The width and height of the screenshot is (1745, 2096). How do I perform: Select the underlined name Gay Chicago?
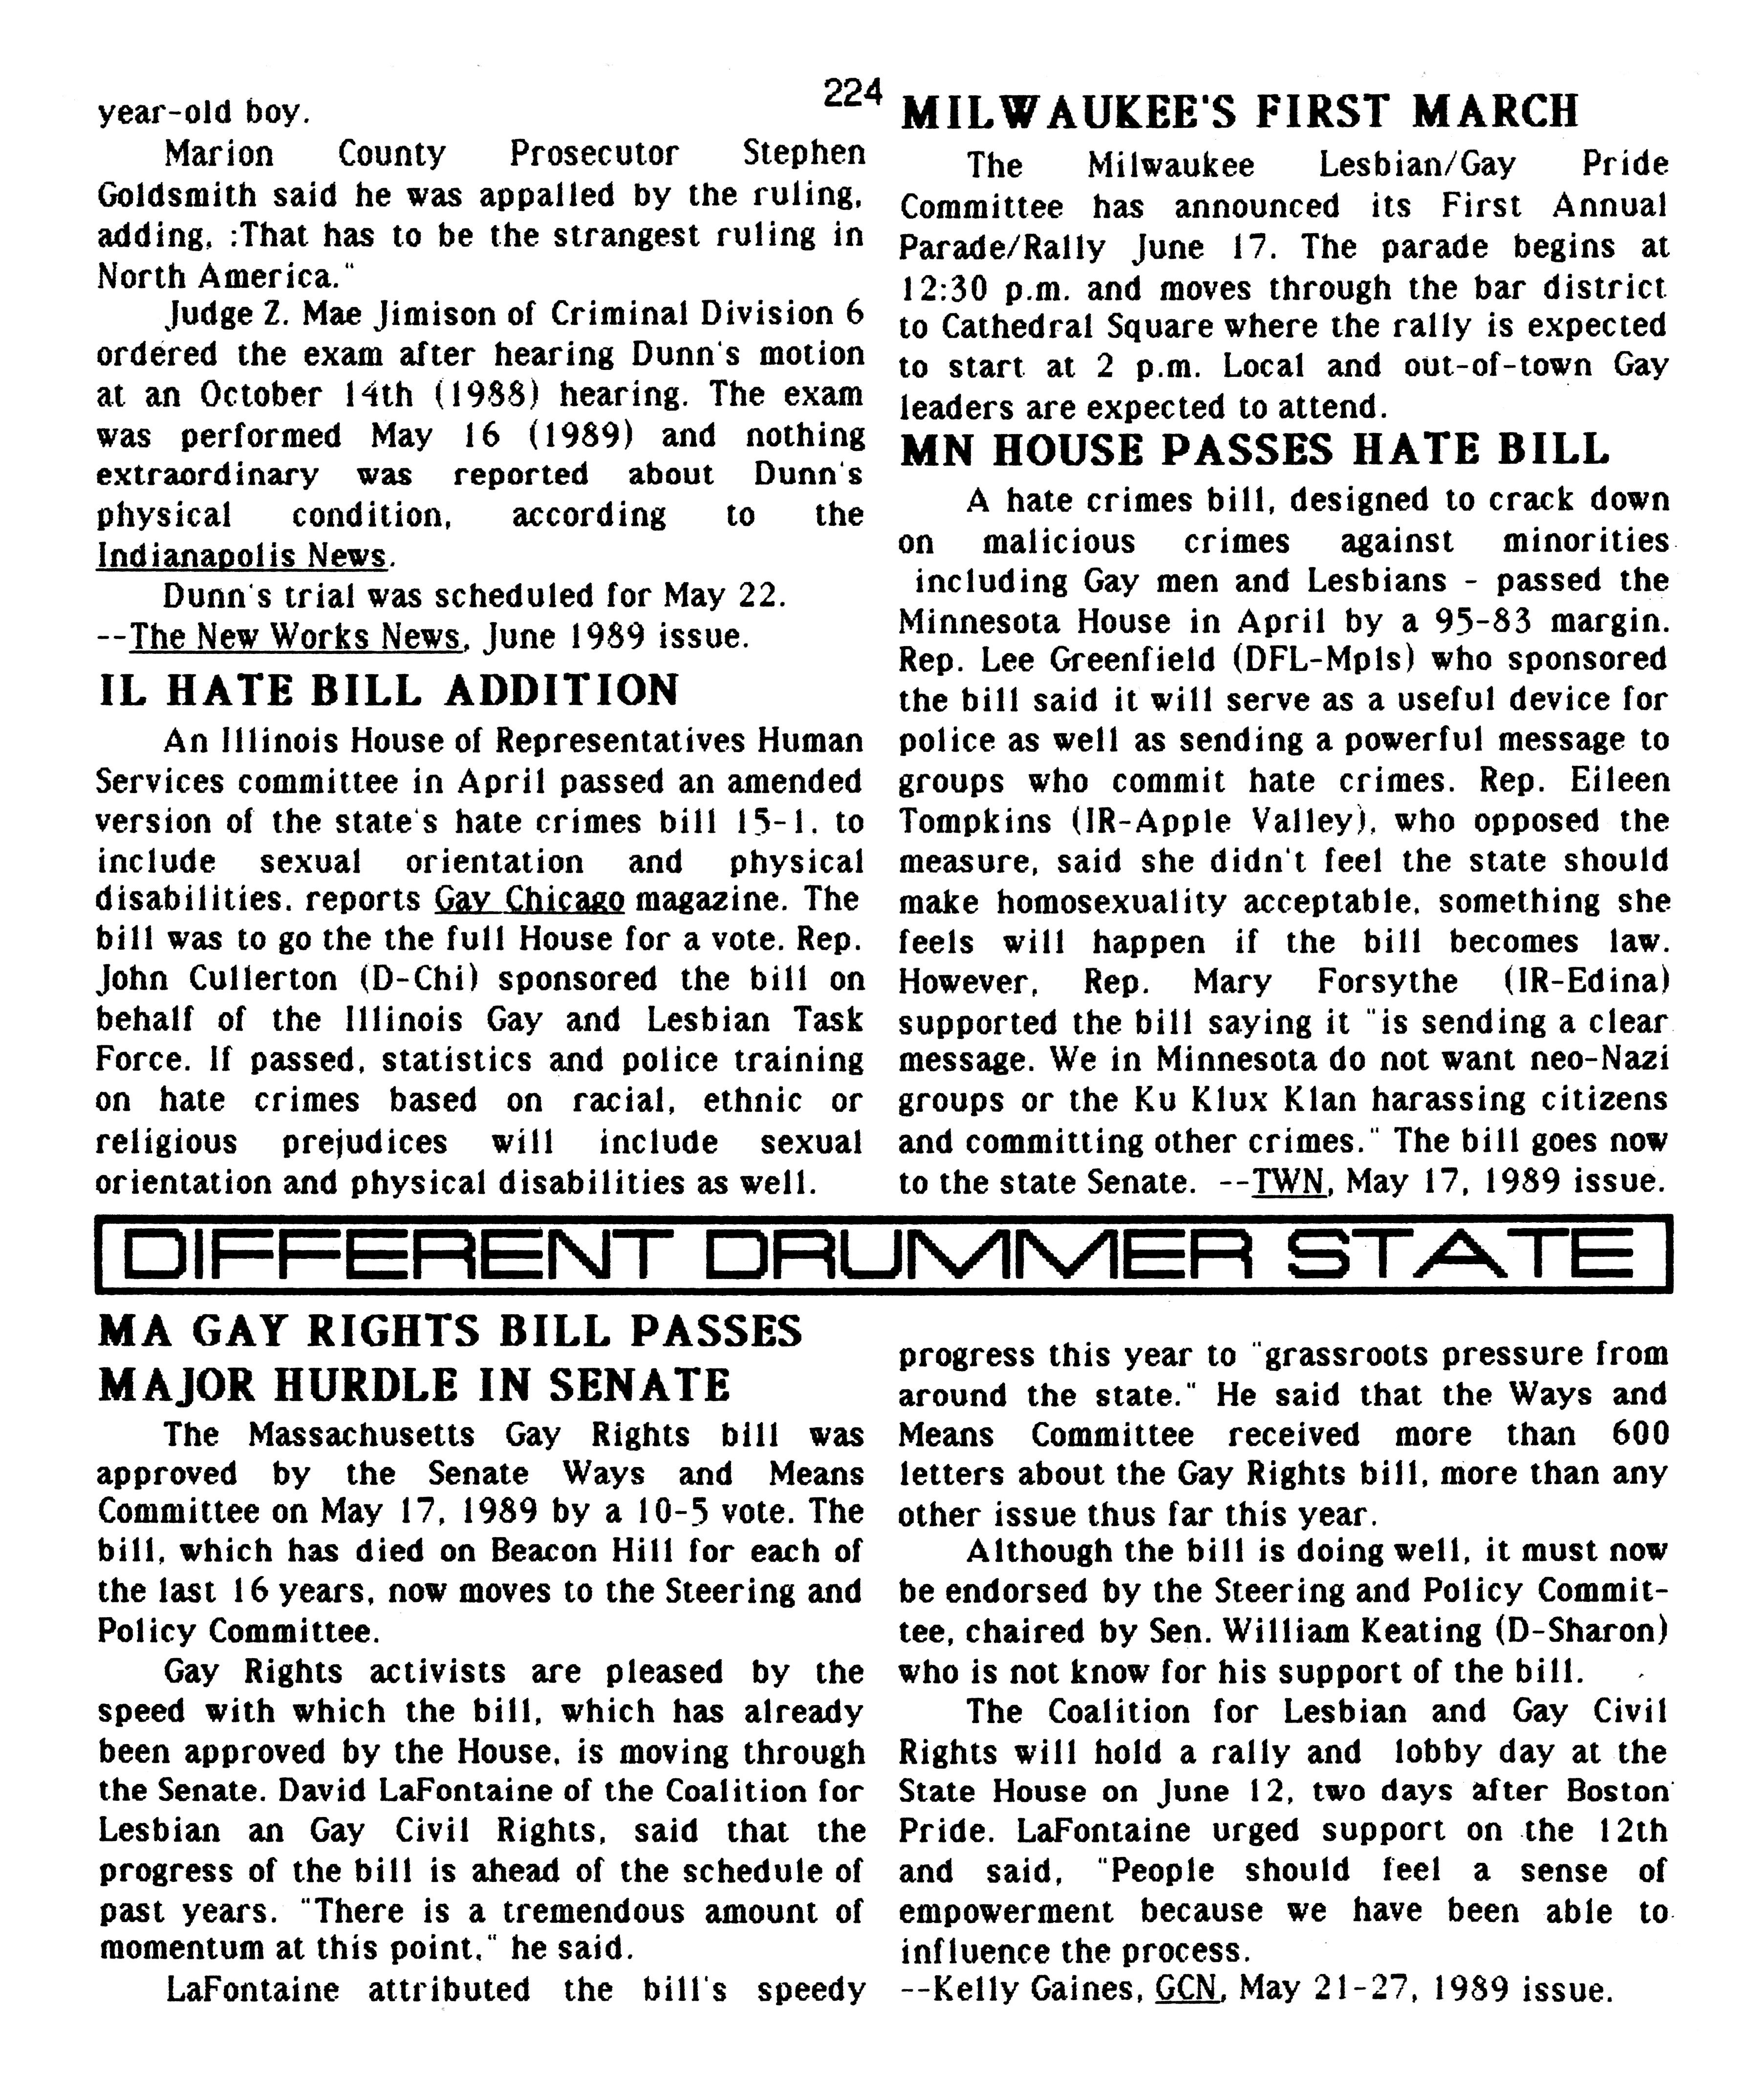coord(529,899)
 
